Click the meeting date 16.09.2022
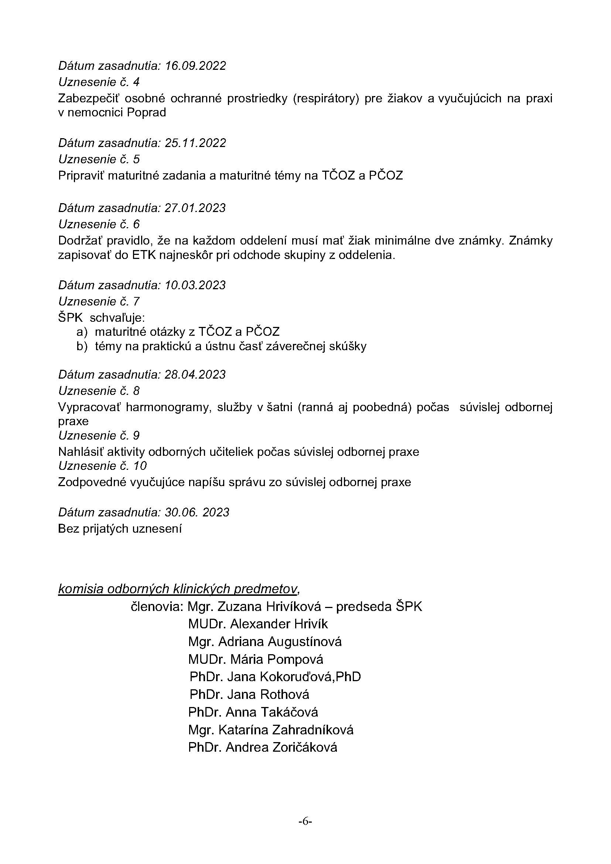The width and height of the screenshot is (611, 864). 195,66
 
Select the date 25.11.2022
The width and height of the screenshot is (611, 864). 195,143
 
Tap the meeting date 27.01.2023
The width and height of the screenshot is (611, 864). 195,208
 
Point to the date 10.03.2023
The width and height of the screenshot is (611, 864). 195,285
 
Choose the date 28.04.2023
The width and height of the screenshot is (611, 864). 195,375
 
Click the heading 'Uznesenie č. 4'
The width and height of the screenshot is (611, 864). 99,82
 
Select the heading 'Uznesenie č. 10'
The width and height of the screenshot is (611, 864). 102,466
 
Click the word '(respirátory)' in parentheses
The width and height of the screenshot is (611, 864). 325,98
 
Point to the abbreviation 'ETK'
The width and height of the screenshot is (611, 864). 144,255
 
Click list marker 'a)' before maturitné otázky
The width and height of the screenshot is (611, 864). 82,332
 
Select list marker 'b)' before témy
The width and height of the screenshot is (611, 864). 82,346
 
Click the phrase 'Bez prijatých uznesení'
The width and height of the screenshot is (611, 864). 120,529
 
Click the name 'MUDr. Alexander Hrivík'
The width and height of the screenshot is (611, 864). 258,624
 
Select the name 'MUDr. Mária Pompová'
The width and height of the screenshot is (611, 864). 256,659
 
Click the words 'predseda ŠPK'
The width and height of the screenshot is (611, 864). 379,607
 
